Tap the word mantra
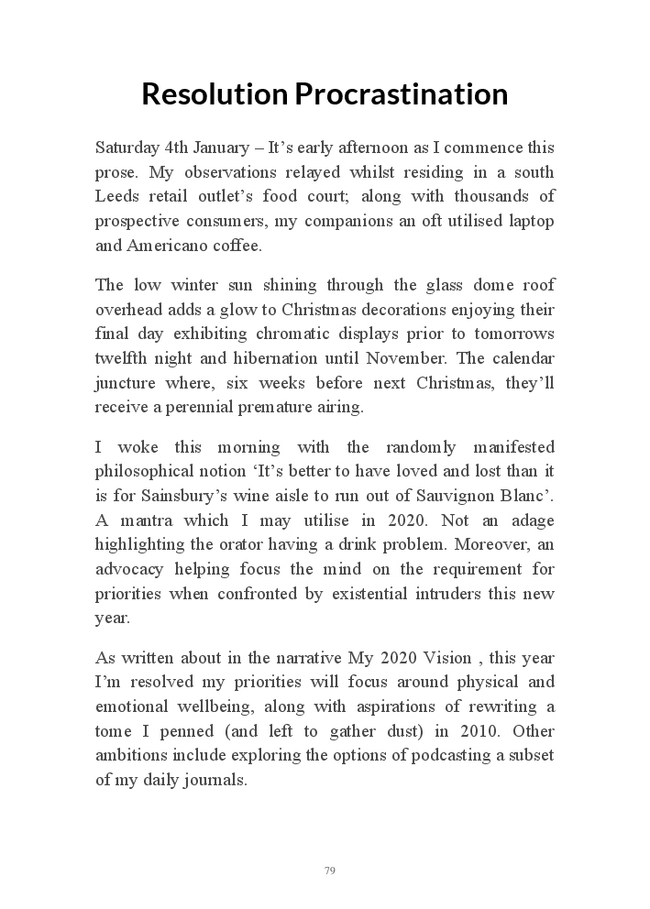[139, 520]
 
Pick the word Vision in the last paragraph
[447, 658]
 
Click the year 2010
[468, 731]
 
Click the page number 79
[329, 870]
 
